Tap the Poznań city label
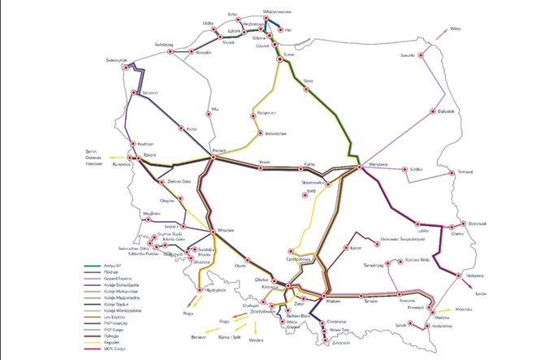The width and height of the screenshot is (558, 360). pos(217,150)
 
